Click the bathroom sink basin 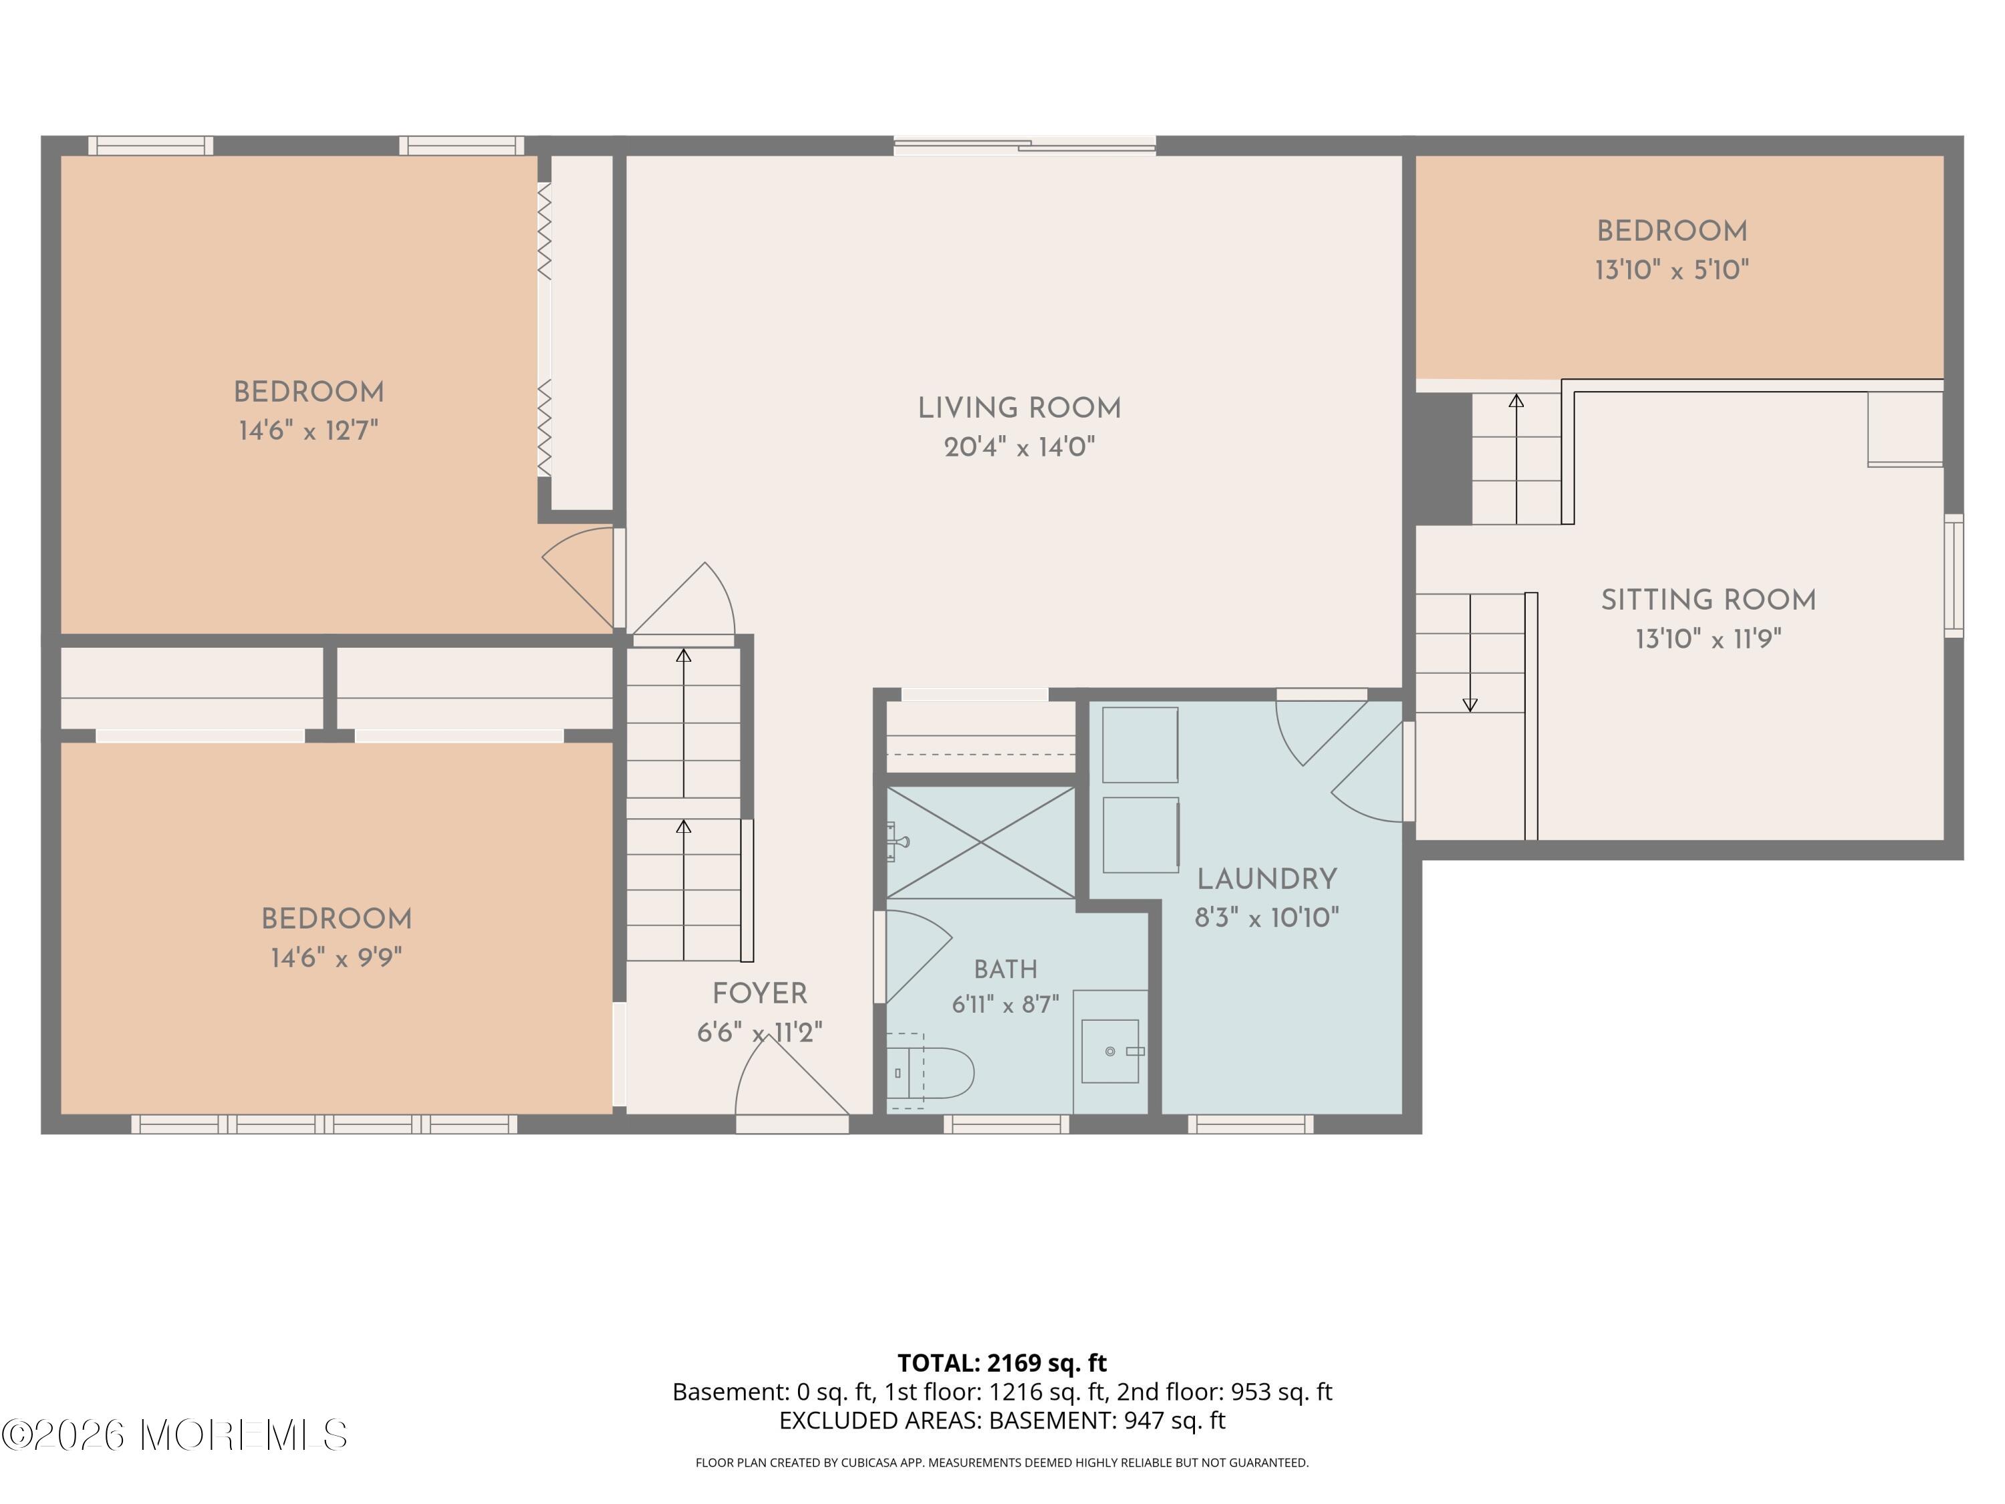click(x=1110, y=1051)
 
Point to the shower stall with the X click(x=980, y=842)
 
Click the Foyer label click(x=760, y=993)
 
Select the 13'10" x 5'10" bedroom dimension click(x=1672, y=269)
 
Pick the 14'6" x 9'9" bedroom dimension click(x=336, y=957)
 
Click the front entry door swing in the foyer click(x=791, y=1079)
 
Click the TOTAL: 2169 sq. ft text click(x=1002, y=1362)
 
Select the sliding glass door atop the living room click(x=1025, y=145)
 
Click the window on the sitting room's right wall click(x=1954, y=576)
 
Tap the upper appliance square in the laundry click(x=1140, y=744)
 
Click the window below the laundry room click(x=1251, y=1124)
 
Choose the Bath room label click(x=1005, y=969)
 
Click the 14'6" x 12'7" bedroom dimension click(x=308, y=430)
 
